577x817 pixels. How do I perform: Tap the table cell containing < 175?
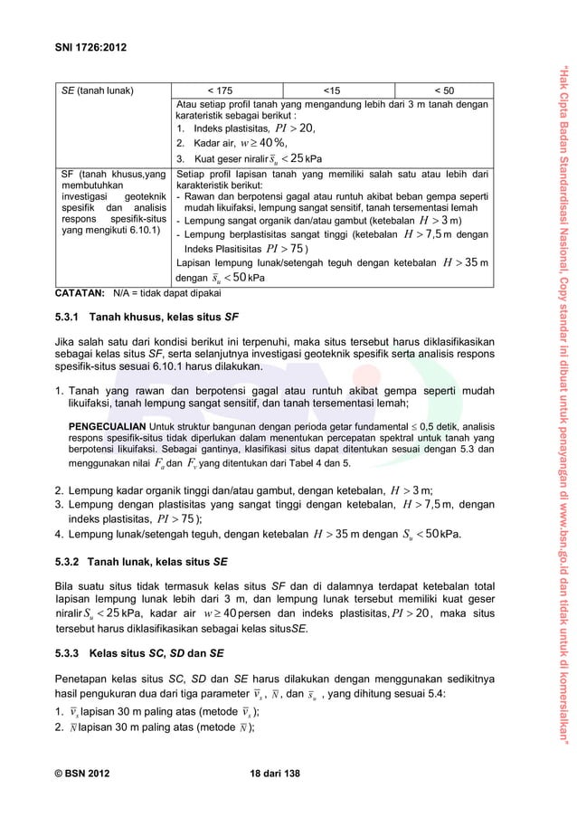[220, 90]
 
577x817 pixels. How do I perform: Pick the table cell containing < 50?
[444, 90]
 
